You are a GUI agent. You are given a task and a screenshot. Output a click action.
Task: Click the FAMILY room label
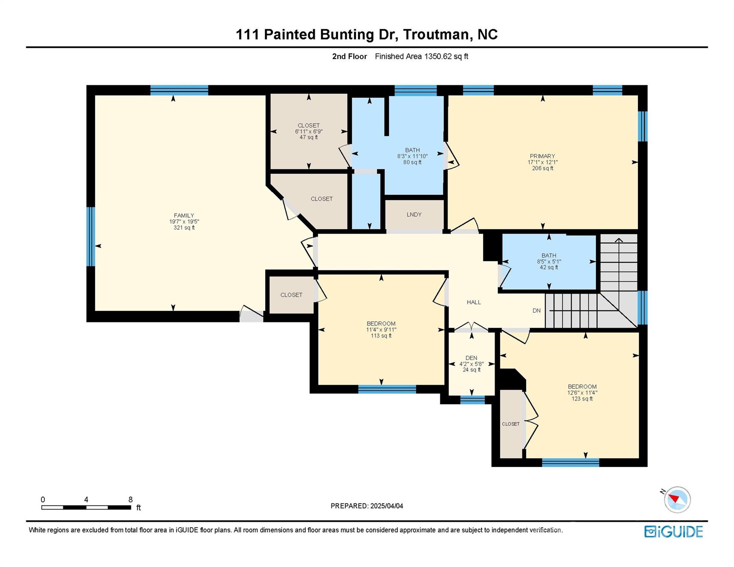[x=184, y=216]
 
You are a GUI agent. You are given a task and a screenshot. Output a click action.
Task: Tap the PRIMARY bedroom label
[x=542, y=156]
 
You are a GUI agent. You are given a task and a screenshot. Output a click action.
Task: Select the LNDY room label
[x=414, y=214]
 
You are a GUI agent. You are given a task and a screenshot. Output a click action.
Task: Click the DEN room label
[x=471, y=358]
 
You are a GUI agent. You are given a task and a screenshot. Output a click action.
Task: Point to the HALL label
[x=473, y=302]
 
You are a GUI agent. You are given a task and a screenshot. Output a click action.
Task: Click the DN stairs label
[x=536, y=311]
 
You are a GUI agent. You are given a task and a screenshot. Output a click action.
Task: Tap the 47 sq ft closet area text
[x=308, y=137]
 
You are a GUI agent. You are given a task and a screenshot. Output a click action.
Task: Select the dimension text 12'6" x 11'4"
[x=582, y=393]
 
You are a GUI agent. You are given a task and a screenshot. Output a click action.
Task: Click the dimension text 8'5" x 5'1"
[x=549, y=261]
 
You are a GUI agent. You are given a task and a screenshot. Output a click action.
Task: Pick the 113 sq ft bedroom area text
[x=381, y=336]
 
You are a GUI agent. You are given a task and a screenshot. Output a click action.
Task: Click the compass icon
[x=677, y=499]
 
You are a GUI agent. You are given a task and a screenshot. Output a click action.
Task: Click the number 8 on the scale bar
[x=130, y=499]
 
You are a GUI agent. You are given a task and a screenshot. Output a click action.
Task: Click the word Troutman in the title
[x=436, y=34]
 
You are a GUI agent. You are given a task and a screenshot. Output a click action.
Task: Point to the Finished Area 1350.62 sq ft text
[x=421, y=56]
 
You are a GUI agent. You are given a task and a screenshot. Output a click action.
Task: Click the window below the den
[x=472, y=400]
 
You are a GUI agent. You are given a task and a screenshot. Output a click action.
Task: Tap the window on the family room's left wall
[x=90, y=237]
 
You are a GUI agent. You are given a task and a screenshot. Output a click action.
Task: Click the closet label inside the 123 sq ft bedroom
[x=511, y=424]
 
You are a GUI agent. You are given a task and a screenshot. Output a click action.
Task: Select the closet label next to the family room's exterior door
[x=291, y=295]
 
